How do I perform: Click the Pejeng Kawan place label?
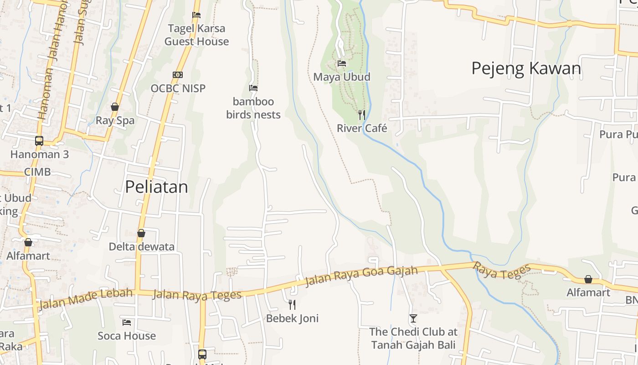[526, 68]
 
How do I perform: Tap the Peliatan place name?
[156, 187]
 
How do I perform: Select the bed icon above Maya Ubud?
[342, 63]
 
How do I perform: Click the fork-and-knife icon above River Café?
[362, 115]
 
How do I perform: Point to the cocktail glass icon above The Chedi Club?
[413, 318]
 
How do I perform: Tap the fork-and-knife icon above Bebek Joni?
[292, 304]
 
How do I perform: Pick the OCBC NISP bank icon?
[178, 75]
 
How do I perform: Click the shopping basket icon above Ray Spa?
[115, 107]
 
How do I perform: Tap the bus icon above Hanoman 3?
[39, 141]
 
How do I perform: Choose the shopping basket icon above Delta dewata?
[141, 233]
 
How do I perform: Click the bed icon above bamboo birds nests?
[253, 88]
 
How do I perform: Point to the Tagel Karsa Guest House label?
[196, 35]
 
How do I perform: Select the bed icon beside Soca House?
[127, 323]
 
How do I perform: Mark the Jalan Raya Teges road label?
[197, 295]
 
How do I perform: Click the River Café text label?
[362, 128]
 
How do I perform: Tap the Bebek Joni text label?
[292, 318]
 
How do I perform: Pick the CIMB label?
[37, 172]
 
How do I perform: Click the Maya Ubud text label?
[342, 77]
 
